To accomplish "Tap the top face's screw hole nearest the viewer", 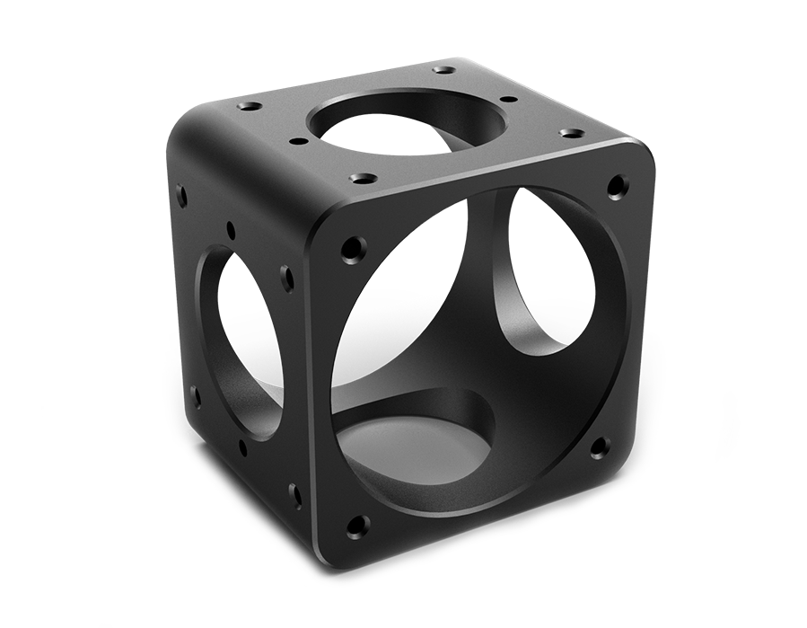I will (361, 178).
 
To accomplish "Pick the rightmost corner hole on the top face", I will (568, 133).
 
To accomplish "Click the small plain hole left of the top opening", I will (294, 140).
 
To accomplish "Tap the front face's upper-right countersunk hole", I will (616, 186).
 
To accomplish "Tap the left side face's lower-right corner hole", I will (295, 491).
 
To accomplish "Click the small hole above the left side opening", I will (231, 228).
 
